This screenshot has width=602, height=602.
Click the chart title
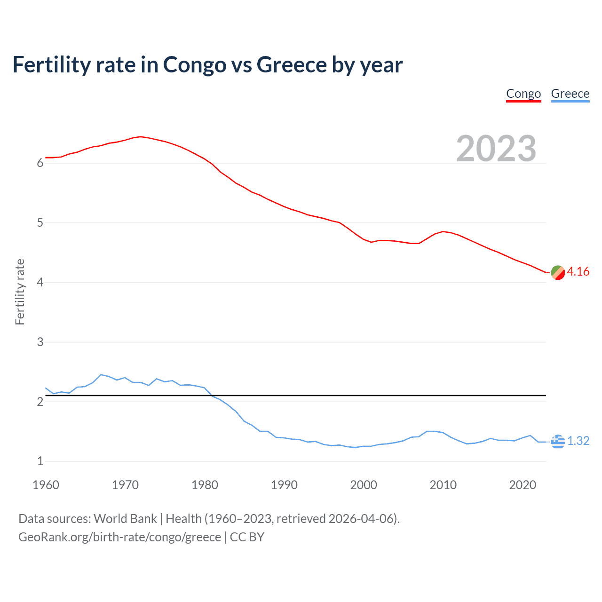[x=207, y=65]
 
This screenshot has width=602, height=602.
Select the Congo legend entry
[x=523, y=94]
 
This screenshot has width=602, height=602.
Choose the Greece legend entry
[x=570, y=94]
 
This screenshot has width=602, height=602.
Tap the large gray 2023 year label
[x=496, y=149]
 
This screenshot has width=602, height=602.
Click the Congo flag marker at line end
[x=558, y=272]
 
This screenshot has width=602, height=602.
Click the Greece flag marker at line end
[x=558, y=441]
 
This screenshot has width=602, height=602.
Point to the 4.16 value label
[x=578, y=272]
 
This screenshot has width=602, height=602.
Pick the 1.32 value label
[x=578, y=441]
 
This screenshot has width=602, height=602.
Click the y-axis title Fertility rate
[x=20, y=292]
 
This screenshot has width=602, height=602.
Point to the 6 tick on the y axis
[x=40, y=163]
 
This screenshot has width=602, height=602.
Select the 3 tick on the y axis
[x=40, y=342]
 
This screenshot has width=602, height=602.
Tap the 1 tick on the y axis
[x=40, y=461]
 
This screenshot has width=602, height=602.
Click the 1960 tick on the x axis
[x=46, y=485]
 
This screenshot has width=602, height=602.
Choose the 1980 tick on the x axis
[x=205, y=485]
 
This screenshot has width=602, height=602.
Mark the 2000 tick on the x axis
[x=364, y=485]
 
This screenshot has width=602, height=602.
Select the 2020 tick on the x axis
[x=523, y=485]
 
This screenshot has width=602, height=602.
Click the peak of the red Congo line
[x=141, y=136]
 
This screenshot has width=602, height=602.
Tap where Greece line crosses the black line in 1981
[x=211, y=396]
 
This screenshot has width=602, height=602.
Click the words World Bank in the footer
[x=125, y=519]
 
